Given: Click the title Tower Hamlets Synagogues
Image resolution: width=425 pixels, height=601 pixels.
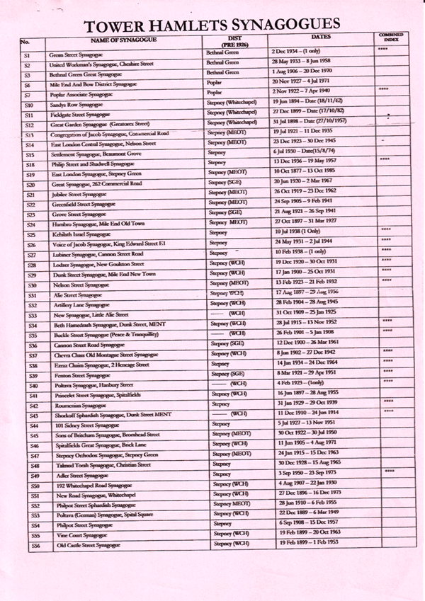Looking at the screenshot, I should click(212, 25).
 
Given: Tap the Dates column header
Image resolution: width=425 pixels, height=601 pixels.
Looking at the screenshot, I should click(320, 38).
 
